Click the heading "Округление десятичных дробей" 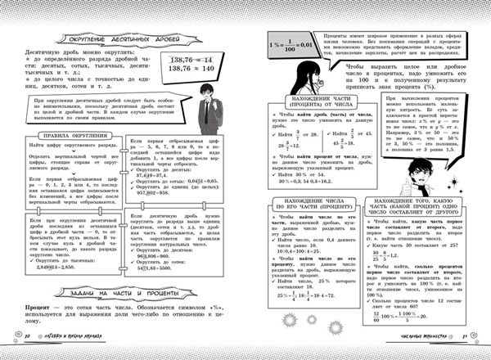114,40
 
